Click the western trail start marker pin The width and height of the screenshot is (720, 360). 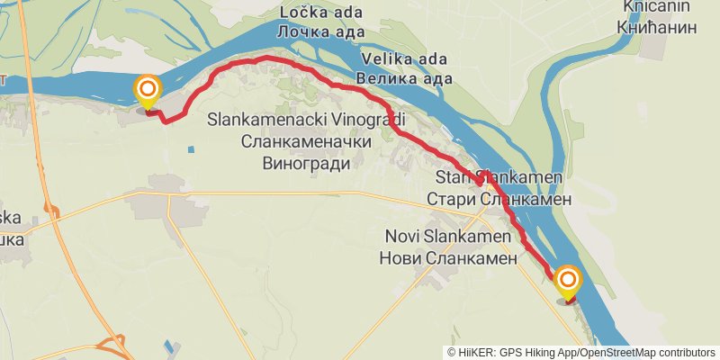[x=147, y=90]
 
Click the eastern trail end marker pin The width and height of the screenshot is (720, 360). [x=568, y=281]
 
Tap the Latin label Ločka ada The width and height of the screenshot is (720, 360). [x=320, y=12]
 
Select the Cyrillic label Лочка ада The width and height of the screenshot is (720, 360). [x=320, y=31]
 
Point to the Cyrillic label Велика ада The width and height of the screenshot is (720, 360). [x=404, y=79]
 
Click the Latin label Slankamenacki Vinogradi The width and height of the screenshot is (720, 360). [x=306, y=120]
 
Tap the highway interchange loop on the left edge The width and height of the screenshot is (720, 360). [x=55, y=212]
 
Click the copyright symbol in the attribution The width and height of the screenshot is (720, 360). [x=452, y=352]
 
